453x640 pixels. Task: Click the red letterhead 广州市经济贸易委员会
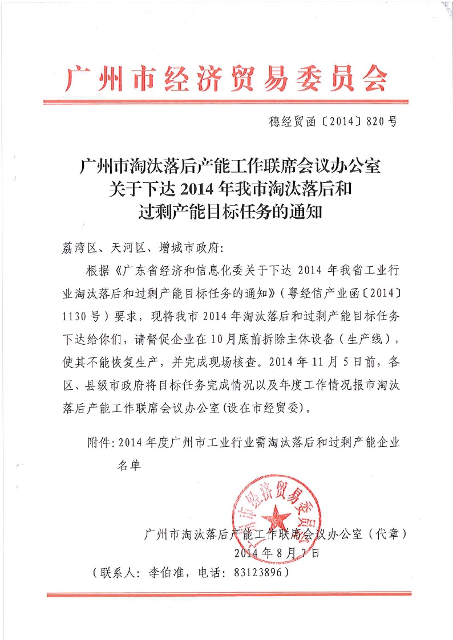(226, 78)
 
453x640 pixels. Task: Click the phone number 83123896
(258, 573)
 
